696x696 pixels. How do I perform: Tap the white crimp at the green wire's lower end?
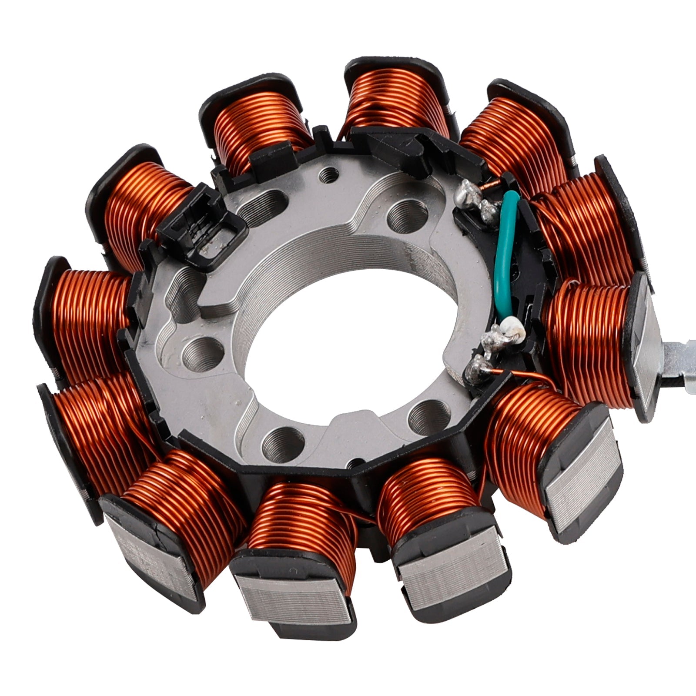[509, 325]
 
